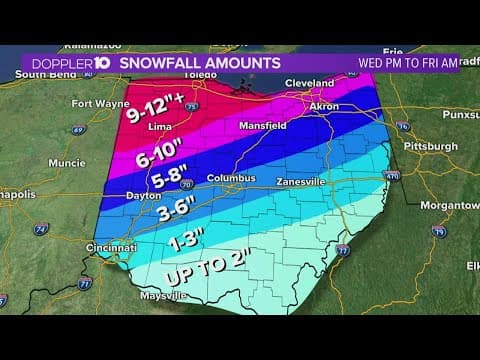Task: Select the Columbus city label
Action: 225,178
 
